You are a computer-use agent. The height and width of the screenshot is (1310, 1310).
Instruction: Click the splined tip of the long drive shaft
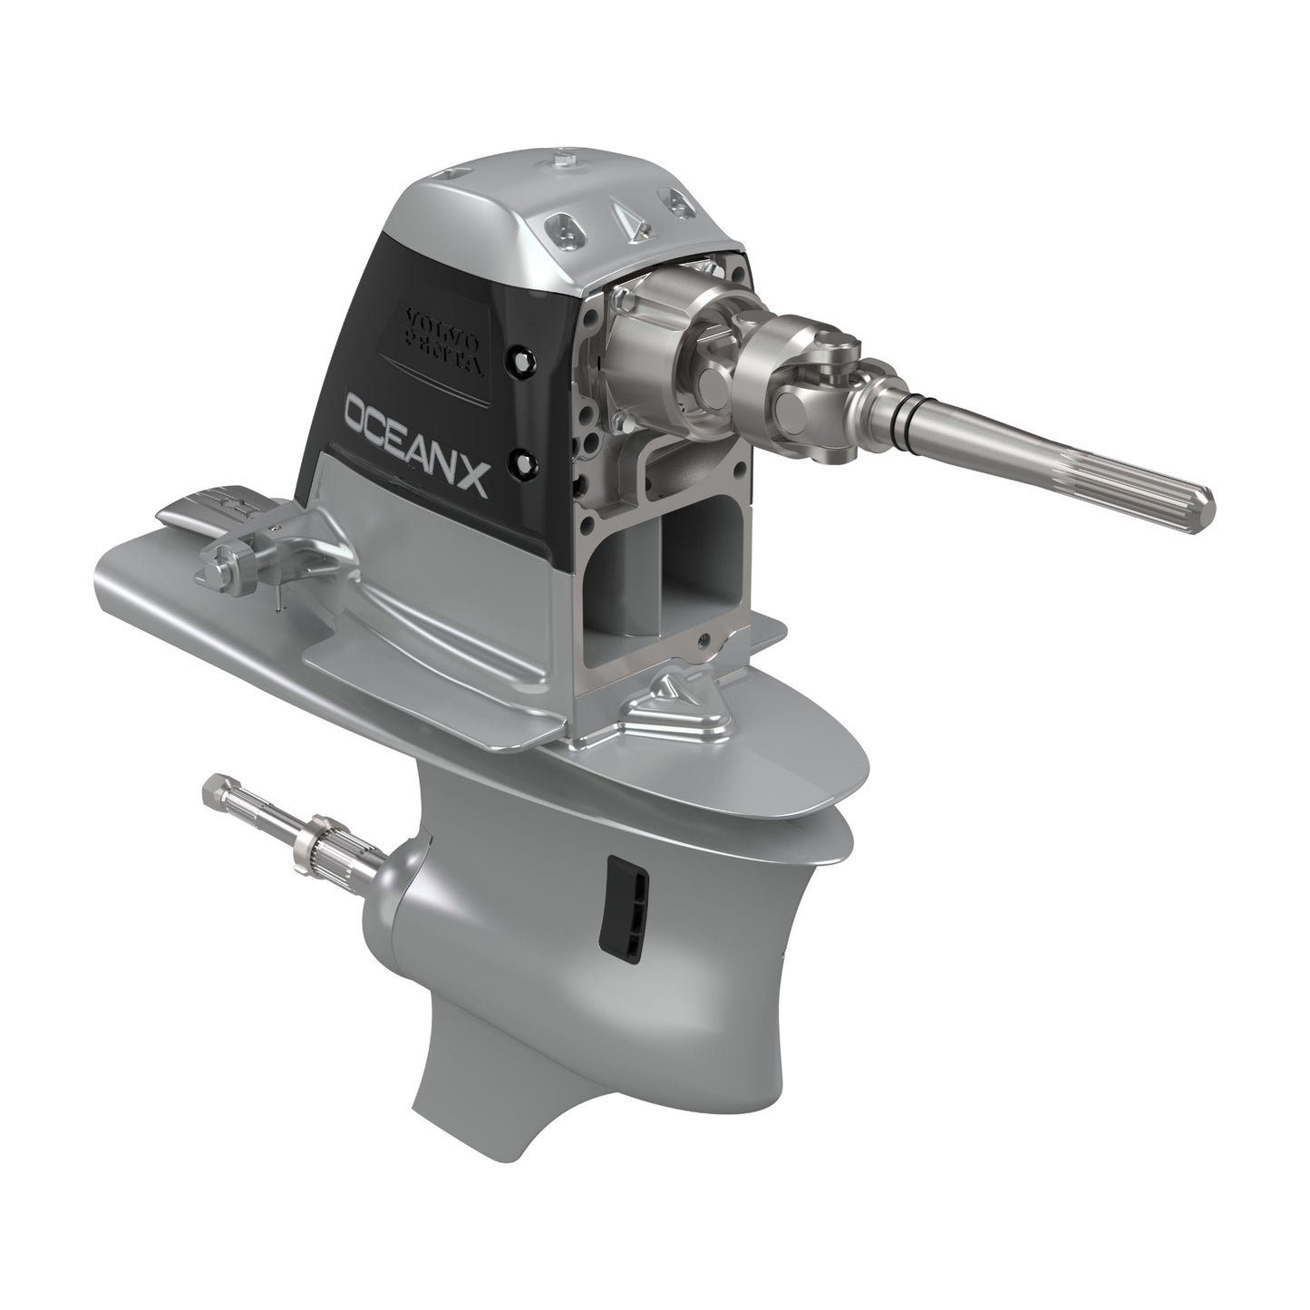click(1169, 495)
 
